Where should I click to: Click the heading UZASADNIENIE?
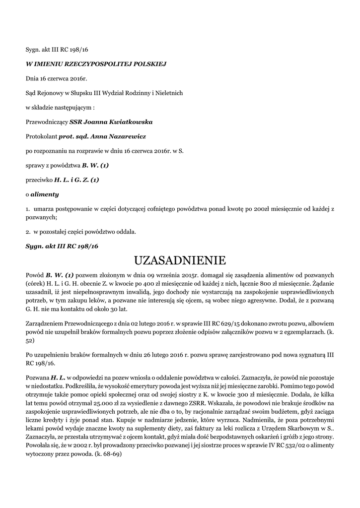[180, 260]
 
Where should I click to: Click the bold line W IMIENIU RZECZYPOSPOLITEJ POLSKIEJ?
[95, 64]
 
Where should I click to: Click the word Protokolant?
[41, 136]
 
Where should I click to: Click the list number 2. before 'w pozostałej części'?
[28, 232]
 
